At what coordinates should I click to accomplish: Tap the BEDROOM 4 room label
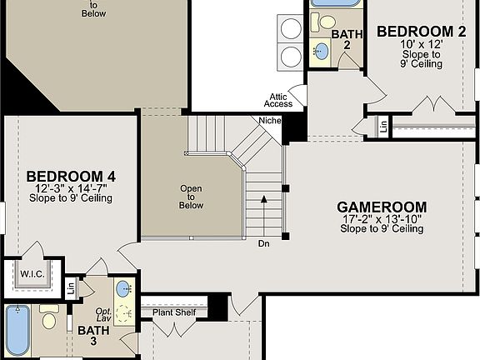(71, 176)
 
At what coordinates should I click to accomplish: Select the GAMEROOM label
(382, 207)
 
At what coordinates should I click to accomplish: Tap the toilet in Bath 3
(49, 318)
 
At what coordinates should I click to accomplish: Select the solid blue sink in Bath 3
(122, 289)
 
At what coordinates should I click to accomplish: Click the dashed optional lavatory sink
(125, 313)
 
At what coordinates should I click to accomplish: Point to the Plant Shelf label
(173, 312)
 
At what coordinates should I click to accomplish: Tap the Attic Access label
(279, 100)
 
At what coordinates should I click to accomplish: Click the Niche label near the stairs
(270, 120)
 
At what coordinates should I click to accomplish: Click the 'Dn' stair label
(263, 243)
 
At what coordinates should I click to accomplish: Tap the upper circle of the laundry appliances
(291, 29)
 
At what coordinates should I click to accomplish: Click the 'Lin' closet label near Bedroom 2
(382, 126)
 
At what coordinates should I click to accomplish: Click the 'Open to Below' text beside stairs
(191, 197)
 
